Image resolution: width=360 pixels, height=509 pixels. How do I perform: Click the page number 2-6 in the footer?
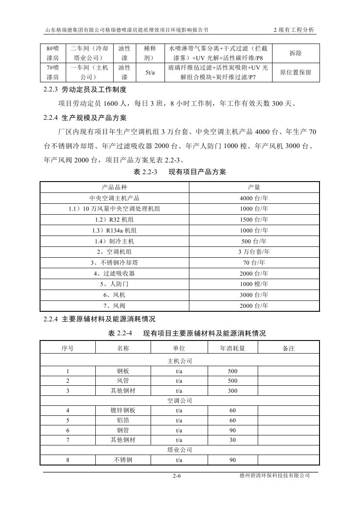coord(177,476)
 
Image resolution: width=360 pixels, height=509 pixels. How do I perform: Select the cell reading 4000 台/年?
coord(254,198)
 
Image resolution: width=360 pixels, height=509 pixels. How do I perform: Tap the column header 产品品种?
coord(114,187)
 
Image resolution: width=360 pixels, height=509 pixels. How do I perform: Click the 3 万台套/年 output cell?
coord(254,252)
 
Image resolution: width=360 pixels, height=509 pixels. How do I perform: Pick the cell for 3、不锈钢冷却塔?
coord(114,263)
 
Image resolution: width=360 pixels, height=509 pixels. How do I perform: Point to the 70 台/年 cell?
coord(254,263)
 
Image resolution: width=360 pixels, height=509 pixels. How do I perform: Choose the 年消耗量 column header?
coord(232,348)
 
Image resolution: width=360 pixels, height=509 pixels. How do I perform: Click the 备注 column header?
coord(289,348)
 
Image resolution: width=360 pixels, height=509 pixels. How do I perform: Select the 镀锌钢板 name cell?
coord(123,410)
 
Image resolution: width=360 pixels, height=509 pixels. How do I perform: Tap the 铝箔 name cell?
coord(123,421)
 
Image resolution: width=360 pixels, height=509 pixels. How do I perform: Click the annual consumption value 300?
coord(232,391)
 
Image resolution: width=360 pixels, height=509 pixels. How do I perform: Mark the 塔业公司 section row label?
coord(180,450)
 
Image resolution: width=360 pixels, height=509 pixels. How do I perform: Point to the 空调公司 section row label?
coord(180,401)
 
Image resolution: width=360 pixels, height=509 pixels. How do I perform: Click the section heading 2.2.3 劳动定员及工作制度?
coord(85,90)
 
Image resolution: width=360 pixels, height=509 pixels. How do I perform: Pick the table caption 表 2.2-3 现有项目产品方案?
coord(180,172)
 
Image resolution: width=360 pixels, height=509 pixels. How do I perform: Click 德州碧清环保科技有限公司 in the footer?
coord(271,476)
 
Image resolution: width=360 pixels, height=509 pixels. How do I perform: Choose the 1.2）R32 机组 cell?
coord(114,219)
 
